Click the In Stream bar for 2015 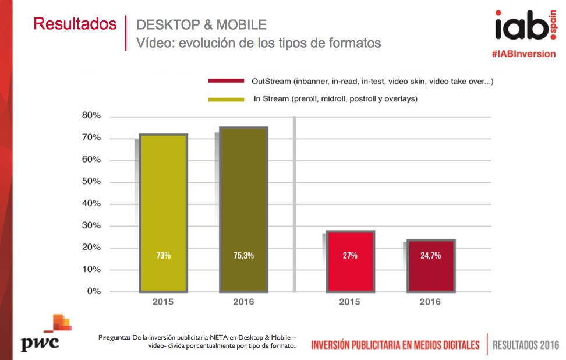pyautogui.click(x=163, y=213)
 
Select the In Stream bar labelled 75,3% pyautogui.click(x=243, y=209)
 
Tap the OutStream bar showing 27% pyautogui.click(x=350, y=261)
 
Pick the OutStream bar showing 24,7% pyautogui.click(x=431, y=265)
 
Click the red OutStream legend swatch pyautogui.click(x=226, y=81)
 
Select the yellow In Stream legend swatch pyautogui.click(x=226, y=100)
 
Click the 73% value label pyautogui.click(x=163, y=255)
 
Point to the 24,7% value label pyautogui.click(x=431, y=255)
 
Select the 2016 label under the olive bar pyautogui.click(x=243, y=302)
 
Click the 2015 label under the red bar pyautogui.click(x=350, y=302)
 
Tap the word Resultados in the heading pyautogui.click(x=75, y=24)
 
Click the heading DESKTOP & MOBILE pyautogui.click(x=201, y=24)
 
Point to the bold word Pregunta pyautogui.click(x=114, y=337)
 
